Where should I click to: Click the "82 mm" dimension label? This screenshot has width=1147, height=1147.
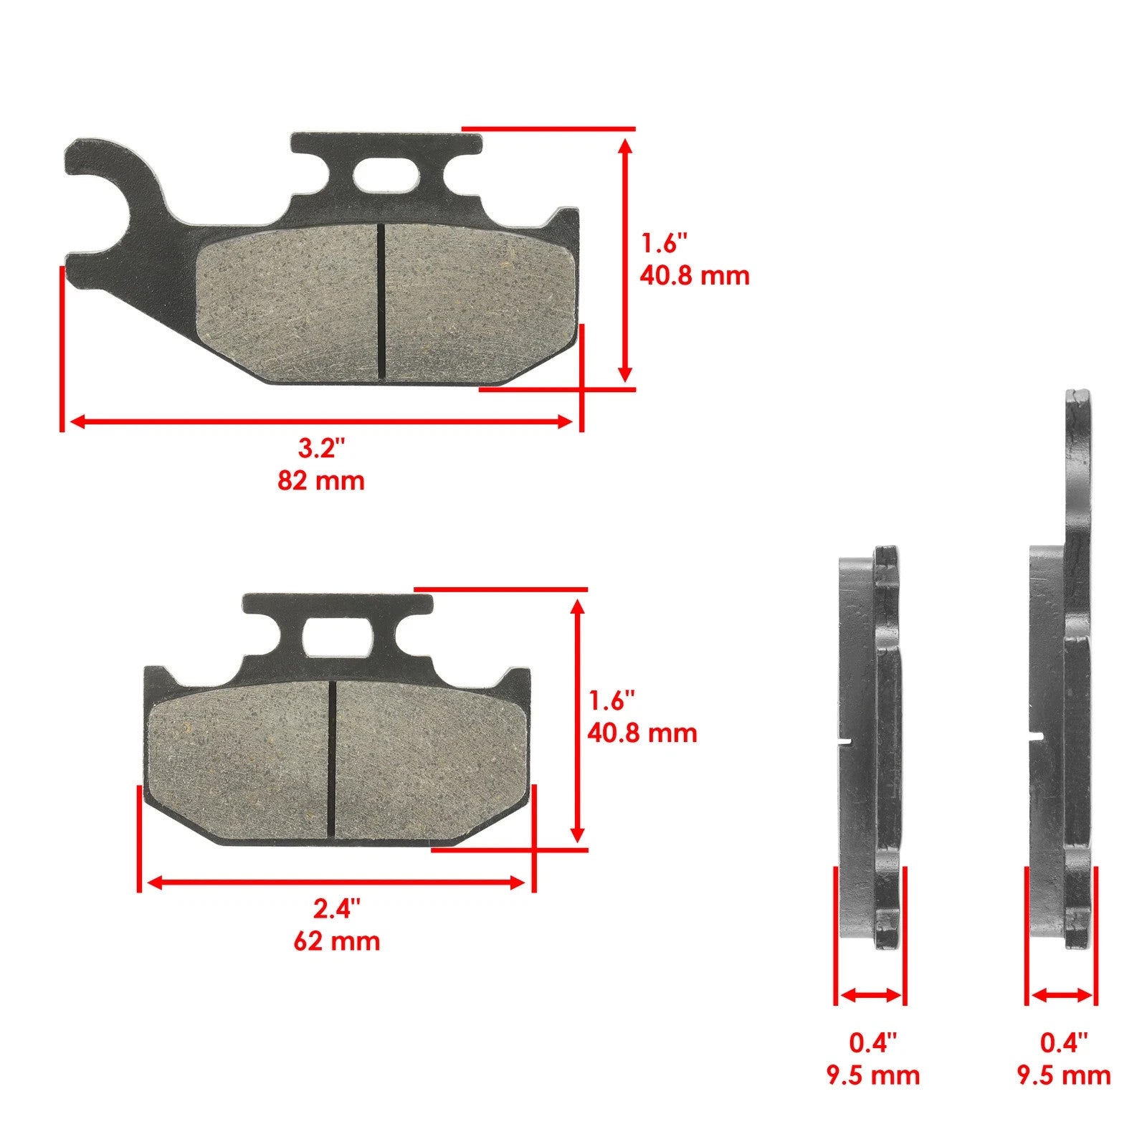321,480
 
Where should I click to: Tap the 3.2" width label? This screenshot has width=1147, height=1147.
321,449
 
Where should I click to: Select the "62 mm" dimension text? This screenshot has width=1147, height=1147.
336,941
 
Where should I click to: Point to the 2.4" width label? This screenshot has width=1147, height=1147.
336,909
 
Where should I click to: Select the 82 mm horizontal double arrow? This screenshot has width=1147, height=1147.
321,422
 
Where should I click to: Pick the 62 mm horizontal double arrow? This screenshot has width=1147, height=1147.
336,882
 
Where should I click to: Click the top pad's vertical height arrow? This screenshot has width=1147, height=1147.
625,260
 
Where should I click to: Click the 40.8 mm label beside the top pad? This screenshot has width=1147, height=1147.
694,275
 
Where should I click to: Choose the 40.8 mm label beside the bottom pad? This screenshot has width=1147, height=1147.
642,733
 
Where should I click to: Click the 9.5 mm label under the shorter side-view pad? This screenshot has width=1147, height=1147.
872,1075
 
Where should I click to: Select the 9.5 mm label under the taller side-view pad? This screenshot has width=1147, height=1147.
1064,1075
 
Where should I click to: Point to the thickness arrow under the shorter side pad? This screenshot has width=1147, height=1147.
871,995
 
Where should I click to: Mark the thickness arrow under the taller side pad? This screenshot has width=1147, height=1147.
1062,995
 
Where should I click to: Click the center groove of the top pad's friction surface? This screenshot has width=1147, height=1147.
381,301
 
